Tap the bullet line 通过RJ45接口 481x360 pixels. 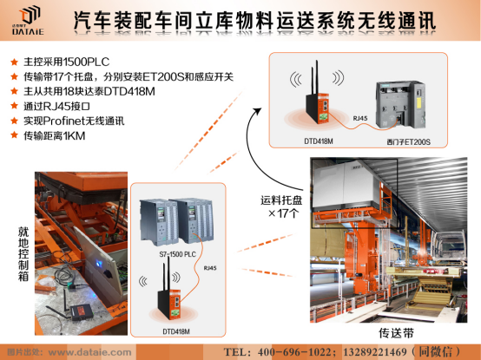pos(58,108)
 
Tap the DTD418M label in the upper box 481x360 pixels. pos(317,139)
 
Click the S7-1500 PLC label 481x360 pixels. pos(177,253)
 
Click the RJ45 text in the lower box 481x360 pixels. pos(210,268)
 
